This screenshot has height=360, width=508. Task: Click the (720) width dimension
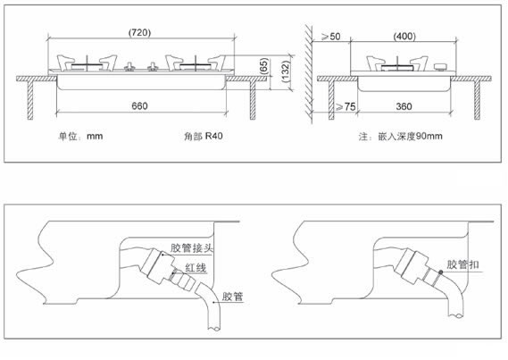(139, 32)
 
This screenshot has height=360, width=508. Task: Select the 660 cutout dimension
(139, 106)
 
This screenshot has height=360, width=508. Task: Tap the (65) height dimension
(264, 66)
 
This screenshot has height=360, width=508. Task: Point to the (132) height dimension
(285, 71)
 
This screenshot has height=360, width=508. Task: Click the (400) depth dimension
(404, 36)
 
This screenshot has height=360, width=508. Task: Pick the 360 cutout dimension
(404, 106)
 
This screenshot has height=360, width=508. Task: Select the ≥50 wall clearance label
(331, 37)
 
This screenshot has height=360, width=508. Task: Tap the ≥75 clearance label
(346, 106)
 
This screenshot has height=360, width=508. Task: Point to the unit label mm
(95, 136)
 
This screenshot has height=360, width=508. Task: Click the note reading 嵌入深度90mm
(410, 136)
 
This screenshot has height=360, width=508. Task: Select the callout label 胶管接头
(192, 247)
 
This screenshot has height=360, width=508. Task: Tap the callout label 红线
(196, 268)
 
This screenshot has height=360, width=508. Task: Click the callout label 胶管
(233, 297)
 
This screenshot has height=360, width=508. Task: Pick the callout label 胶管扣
(462, 264)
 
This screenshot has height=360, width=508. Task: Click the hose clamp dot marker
(441, 272)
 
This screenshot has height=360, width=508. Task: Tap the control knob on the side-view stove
(440, 67)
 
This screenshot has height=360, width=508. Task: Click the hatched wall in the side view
(309, 74)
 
